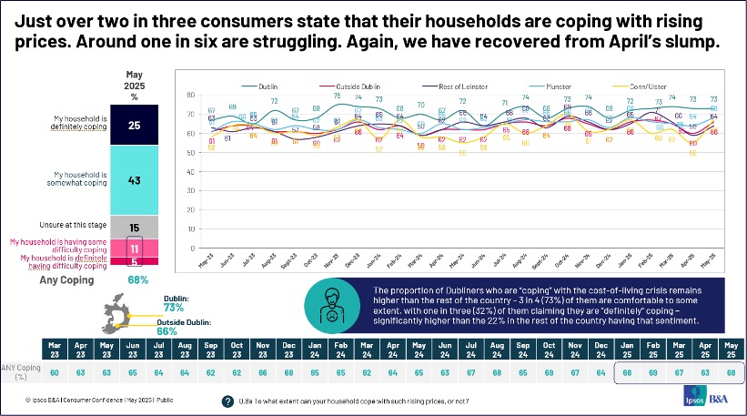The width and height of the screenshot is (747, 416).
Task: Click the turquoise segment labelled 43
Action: (133, 180)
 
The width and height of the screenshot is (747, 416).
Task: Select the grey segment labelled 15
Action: (133, 227)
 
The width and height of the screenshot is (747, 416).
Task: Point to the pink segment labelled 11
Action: (133, 248)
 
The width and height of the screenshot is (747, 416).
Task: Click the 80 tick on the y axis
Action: (189, 96)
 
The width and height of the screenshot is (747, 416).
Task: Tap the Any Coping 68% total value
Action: (138, 279)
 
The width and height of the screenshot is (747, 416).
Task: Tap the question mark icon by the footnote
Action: (227, 401)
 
